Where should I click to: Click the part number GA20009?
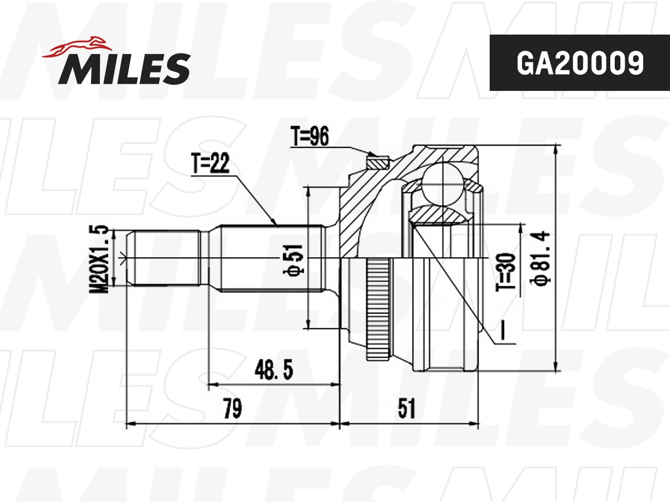tap(580, 64)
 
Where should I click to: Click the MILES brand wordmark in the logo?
tap(124, 68)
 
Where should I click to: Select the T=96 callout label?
tap(310, 136)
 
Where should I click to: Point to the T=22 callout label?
tap(210, 165)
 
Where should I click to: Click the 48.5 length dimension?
tap(274, 370)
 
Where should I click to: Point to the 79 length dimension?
tap(232, 409)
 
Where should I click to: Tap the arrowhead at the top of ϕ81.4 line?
tap(556, 149)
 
